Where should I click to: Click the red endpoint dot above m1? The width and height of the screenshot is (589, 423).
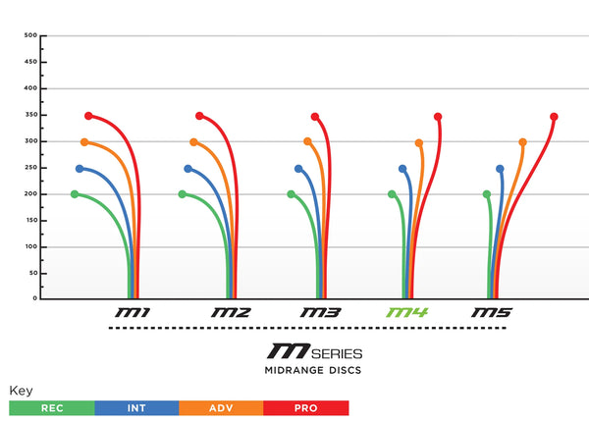click(88, 116)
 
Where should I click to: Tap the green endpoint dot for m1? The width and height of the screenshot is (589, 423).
click(75, 194)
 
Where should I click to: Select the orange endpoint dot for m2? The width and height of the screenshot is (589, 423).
click(193, 142)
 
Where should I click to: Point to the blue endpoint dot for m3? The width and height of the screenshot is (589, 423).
click(298, 169)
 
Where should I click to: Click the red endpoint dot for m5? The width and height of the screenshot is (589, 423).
click(555, 117)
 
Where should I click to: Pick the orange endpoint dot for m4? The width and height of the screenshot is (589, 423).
click(419, 142)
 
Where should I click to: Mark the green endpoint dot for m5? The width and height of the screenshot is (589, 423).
click(487, 194)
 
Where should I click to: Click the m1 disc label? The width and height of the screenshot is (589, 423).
click(133, 313)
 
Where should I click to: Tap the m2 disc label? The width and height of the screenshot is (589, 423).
click(231, 313)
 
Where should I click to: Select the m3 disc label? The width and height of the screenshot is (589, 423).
click(320, 313)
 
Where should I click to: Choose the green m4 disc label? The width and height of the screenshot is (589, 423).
click(407, 313)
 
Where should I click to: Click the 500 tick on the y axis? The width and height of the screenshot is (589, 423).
click(29, 35)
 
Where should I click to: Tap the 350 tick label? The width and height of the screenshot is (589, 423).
click(29, 115)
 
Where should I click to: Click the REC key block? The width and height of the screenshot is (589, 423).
click(51, 407)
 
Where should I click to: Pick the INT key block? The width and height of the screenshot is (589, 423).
click(135, 407)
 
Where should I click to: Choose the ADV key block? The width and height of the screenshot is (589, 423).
click(221, 407)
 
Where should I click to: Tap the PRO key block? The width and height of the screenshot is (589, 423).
click(305, 407)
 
